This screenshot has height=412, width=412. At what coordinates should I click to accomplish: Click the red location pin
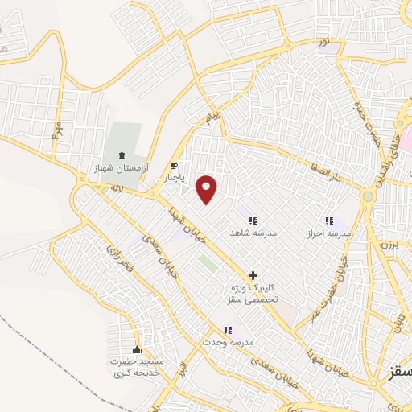[208, 189]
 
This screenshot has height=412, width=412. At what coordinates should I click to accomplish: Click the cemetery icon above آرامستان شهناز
[122, 155]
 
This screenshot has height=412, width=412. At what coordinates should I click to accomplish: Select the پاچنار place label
[175, 177]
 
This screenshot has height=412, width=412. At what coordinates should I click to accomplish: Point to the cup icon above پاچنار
[174, 165]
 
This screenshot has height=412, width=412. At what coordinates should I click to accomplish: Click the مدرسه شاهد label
[253, 233]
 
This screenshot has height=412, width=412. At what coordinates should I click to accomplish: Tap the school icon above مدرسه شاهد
[253, 220]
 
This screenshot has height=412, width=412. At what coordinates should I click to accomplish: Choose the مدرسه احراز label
[328, 233]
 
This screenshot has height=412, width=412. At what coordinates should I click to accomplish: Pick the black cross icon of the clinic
[253, 275]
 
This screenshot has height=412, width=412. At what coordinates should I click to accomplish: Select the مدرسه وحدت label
[229, 342]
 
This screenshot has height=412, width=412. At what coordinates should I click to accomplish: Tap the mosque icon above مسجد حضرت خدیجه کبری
[137, 350]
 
